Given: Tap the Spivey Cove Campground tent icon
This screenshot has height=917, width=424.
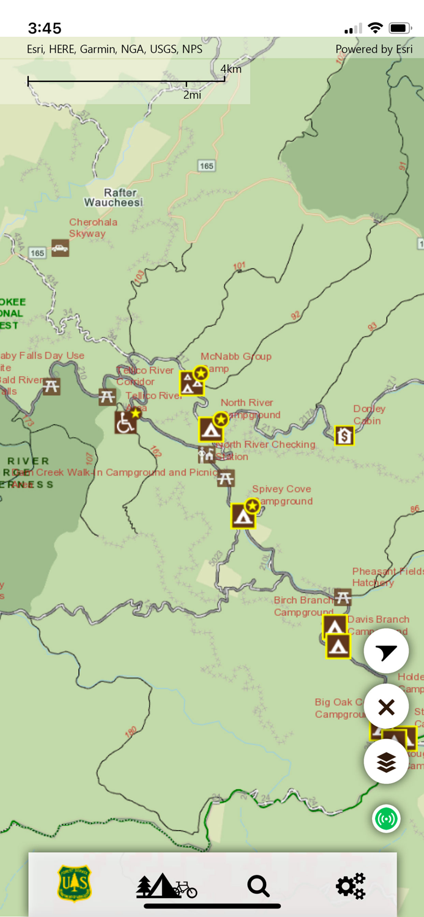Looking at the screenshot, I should pyautogui.click(x=242, y=516).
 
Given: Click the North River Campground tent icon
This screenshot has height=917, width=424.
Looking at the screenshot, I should pyautogui.click(x=210, y=429).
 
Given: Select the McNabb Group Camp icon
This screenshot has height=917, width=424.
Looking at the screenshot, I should pyautogui.click(x=192, y=383).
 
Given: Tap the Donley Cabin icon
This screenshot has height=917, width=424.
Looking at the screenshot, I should pyautogui.click(x=344, y=435).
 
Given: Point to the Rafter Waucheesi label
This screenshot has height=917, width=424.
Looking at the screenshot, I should pyautogui.click(x=113, y=197).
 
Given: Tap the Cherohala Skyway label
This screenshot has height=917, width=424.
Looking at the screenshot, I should pyautogui.click(x=93, y=227).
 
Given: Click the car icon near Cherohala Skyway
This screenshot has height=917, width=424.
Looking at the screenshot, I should pyautogui.click(x=60, y=248).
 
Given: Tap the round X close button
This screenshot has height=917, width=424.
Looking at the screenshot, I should pyautogui.click(x=386, y=707).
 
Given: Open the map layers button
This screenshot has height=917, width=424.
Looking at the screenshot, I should pyautogui.click(x=386, y=762).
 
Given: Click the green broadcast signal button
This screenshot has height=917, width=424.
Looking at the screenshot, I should pyautogui.click(x=386, y=819).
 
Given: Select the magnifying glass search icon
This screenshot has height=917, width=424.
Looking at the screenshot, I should pyautogui.click(x=258, y=886).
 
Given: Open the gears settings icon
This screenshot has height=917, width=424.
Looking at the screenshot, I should pyautogui.click(x=351, y=886).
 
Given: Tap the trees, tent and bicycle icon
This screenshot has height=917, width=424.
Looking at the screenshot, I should pyautogui.click(x=166, y=886).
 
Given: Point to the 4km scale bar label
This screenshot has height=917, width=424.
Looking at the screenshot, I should pyautogui.click(x=231, y=69).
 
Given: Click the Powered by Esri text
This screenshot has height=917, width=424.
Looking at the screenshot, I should pyautogui.click(x=374, y=50).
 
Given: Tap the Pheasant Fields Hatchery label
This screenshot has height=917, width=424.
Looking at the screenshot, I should pyautogui.click(x=387, y=577).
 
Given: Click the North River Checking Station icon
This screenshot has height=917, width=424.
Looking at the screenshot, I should pyautogui.click(x=206, y=455).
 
